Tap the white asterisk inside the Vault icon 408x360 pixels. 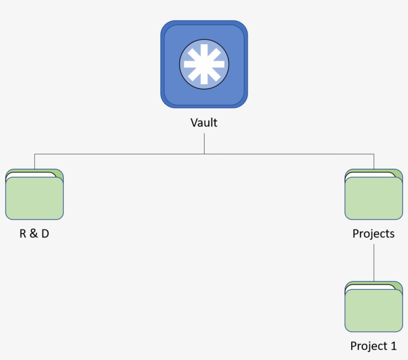tap(204, 65)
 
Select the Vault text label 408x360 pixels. tap(204, 122)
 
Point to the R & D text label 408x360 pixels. tap(34, 234)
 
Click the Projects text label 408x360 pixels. tap(374, 234)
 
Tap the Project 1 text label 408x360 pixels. tap(374, 346)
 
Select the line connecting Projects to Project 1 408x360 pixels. tap(374, 261)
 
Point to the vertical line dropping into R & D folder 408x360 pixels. tap(34, 161)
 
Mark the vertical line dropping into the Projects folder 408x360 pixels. tap(374, 161)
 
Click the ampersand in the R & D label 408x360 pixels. tap(34, 234)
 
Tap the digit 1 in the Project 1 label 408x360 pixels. tap(394, 346)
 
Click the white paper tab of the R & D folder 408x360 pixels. tap(30, 175)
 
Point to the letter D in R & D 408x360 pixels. tap(45, 234)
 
